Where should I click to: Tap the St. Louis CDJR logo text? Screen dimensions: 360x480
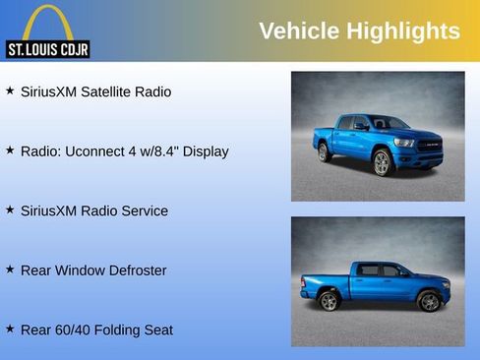click(47, 48)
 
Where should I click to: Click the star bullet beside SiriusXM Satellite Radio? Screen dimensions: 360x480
click(10, 90)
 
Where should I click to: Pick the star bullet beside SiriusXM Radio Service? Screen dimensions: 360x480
click(10, 210)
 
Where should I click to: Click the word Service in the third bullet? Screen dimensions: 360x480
click(144, 210)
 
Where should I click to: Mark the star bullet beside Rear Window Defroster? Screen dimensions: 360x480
click(10, 270)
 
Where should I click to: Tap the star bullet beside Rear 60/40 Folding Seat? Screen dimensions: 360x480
click(10, 329)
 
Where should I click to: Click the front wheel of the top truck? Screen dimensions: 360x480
click(382, 163)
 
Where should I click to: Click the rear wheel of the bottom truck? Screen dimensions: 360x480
click(329, 301)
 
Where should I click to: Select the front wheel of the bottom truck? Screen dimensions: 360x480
click(429, 301)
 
